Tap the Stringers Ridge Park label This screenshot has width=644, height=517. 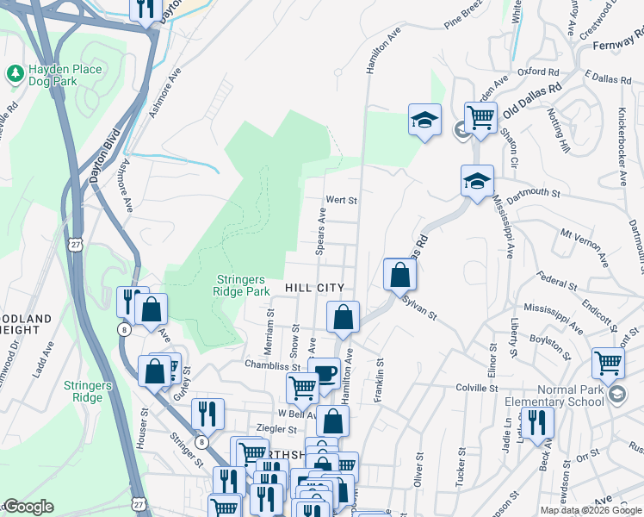pyautogui.click(x=241, y=284)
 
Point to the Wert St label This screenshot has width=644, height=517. pyautogui.click(x=340, y=200)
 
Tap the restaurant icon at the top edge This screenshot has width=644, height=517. pyautogui.click(x=146, y=9)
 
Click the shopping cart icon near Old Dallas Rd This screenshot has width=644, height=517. pyautogui.click(x=480, y=116)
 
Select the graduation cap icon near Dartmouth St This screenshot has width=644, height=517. pyautogui.click(x=476, y=181)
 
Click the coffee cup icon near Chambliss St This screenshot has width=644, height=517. pyautogui.click(x=324, y=372)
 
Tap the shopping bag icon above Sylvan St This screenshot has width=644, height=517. pyautogui.click(x=400, y=274)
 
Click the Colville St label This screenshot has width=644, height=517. pyautogui.click(x=478, y=389)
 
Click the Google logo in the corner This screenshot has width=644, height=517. pyautogui.click(x=28, y=507)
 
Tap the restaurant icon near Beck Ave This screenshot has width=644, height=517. pyautogui.click(x=537, y=422)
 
